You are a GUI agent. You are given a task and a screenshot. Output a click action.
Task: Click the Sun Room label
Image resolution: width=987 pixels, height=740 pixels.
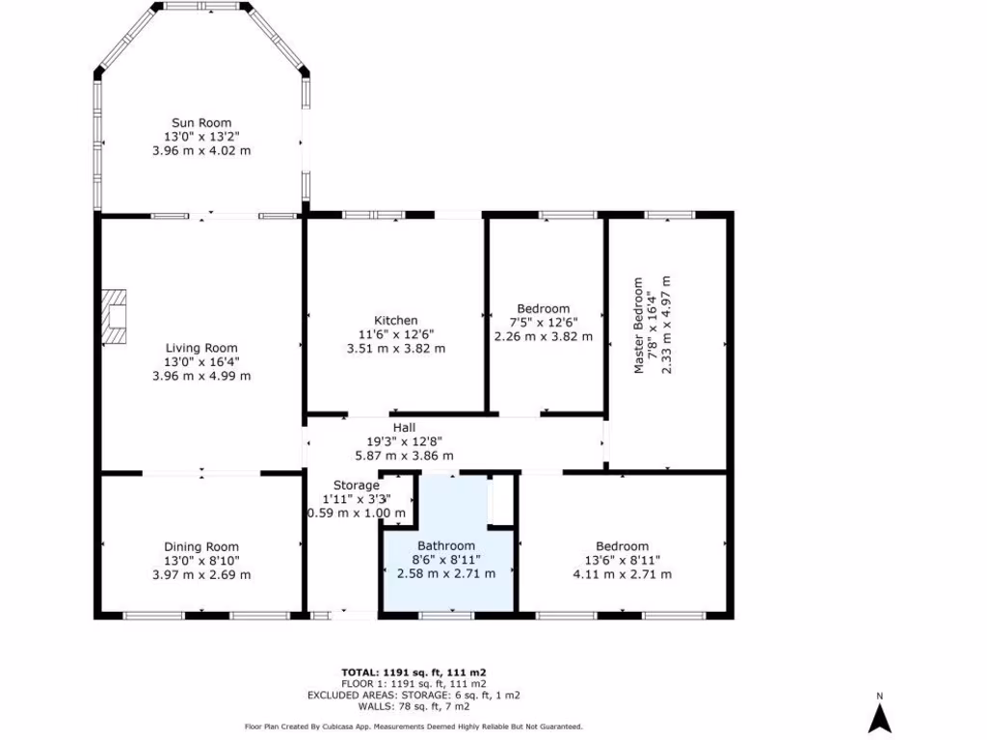tap(201, 122)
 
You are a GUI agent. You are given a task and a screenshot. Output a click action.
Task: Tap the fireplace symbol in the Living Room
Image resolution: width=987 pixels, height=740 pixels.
tap(116, 315)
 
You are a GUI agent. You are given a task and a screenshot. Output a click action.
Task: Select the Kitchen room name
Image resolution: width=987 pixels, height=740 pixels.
tap(395, 320)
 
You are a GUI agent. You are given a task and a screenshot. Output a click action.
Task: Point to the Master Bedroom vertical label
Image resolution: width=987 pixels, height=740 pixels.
tap(637, 327)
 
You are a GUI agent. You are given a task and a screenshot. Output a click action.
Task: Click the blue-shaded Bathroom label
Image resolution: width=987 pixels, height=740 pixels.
tap(446, 545)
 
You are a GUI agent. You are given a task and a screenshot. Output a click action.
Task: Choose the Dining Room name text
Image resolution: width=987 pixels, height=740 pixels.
tap(201, 547)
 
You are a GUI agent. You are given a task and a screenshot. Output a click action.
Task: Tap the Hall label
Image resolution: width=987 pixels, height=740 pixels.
tap(404, 428)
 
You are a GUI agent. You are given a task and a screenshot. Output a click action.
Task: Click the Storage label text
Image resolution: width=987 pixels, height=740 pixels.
tap(357, 485)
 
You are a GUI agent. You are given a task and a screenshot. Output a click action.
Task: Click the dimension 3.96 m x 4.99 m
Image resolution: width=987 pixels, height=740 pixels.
tap(201, 376)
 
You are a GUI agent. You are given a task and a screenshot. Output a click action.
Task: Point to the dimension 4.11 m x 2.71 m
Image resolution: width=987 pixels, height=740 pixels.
tap(622, 574)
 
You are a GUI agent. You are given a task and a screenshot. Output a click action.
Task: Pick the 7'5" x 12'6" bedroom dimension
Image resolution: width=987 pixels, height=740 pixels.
tap(543, 322)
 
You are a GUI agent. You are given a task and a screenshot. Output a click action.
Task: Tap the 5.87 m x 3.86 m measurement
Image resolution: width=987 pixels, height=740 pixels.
tap(404, 456)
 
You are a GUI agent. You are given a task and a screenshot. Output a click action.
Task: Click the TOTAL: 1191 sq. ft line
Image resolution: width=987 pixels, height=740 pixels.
tap(419, 672)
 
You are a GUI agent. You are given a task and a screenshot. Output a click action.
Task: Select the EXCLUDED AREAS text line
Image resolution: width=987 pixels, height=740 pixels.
tap(419, 695)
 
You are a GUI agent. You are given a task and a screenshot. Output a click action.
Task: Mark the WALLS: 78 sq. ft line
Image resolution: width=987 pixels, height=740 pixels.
tap(419, 706)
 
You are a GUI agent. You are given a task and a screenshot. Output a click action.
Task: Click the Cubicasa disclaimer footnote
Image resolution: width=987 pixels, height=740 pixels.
tap(413, 727)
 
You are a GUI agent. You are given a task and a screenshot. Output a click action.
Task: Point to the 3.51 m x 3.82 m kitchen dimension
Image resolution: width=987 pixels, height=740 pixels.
tap(395, 349)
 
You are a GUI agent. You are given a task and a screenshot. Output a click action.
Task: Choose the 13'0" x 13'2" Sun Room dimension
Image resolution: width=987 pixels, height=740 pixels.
tap(201, 137)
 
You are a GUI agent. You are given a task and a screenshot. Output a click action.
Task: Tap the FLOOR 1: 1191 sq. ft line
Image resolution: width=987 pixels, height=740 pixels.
tap(419, 683)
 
